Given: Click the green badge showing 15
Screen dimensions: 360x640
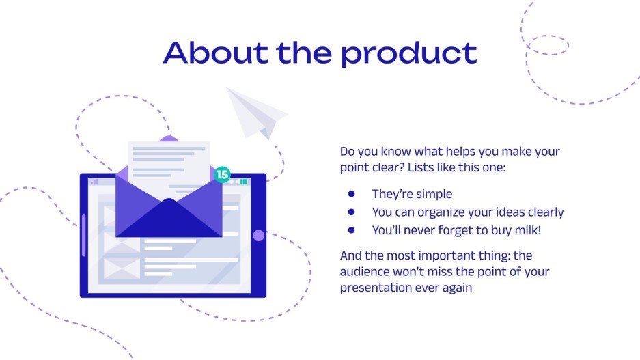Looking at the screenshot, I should click(x=222, y=174).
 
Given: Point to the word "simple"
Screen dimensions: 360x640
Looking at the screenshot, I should click(x=432, y=195).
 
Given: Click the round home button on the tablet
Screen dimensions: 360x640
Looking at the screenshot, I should click(x=258, y=236).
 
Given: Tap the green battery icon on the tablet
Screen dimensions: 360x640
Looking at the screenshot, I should click(x=244, y=182).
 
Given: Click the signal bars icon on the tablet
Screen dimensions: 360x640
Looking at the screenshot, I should click(x=94, y=182).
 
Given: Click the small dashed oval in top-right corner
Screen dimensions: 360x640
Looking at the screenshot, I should click(x=548, y=45).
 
